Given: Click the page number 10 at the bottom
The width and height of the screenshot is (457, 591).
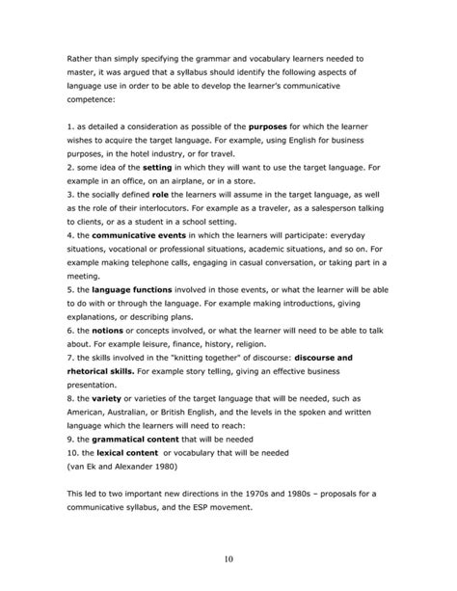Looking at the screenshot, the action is [x=228, y=558].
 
